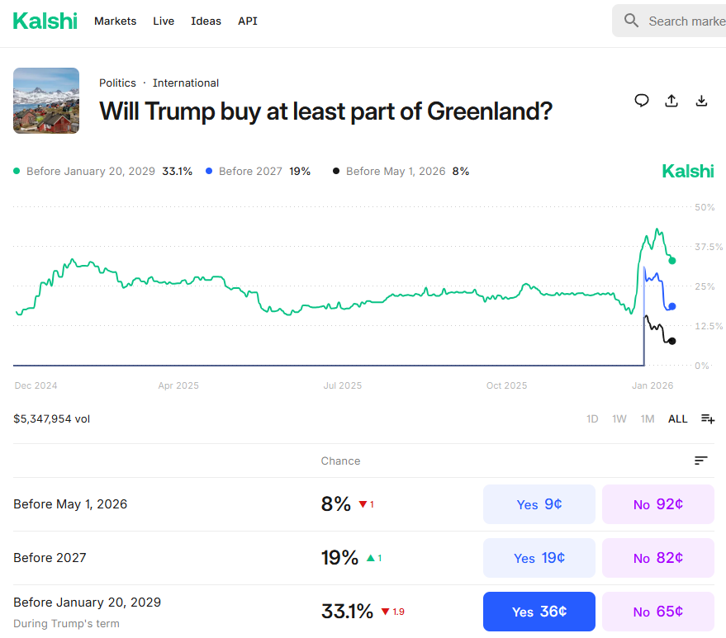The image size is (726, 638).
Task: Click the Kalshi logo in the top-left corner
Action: (x=45, y=21)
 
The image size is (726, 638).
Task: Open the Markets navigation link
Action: (x=115, y=21)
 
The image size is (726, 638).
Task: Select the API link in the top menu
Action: (x=247, y=21)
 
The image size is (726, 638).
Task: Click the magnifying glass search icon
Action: (x=632, y=21)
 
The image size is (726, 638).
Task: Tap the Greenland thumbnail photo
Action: (x=46, y=101)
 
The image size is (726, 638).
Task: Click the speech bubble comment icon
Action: (x=642, y=101)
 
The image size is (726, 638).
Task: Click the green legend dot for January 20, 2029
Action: (x=17, y=171)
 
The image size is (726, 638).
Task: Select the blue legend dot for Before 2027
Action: (x=209, y=171)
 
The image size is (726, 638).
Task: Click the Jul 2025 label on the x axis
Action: (x=342, y=385)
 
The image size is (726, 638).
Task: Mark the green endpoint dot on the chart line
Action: (x=672, y=260)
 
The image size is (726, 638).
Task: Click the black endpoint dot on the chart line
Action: (x=672, y=341)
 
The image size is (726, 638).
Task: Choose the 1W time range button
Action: (x=619, y=418)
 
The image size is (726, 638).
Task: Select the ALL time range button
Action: (x=677, y=418)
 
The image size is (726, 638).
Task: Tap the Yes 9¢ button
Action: (x=539, y=504)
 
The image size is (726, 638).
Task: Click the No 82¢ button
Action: (x=657, y=558)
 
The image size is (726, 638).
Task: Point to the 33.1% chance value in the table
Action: (x=347, y=612)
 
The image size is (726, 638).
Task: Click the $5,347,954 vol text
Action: (x=52, y=418)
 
